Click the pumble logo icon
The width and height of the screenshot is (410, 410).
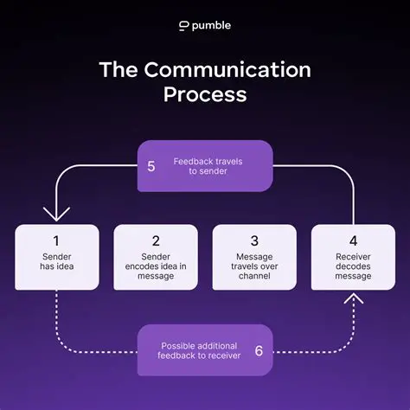coord(183,26)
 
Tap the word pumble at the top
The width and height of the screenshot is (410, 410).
coord(212,26)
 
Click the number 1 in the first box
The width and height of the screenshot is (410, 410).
coord(57,241)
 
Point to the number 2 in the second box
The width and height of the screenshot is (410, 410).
coord(156,241)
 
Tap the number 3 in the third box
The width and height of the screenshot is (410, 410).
coord(254,241)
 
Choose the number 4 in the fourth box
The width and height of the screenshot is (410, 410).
coord(353,241)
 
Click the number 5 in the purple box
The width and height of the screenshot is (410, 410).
coord(151,166)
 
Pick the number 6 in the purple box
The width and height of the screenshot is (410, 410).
coord(259,351)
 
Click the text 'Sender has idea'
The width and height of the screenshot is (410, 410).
coord(57,263)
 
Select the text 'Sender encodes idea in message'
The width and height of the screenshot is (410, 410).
coord(156,268)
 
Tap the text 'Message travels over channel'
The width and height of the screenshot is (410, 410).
coord(254,268)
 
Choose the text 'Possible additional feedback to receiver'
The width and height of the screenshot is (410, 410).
coord(197,351)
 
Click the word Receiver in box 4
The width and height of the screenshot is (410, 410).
coord(353,258)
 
